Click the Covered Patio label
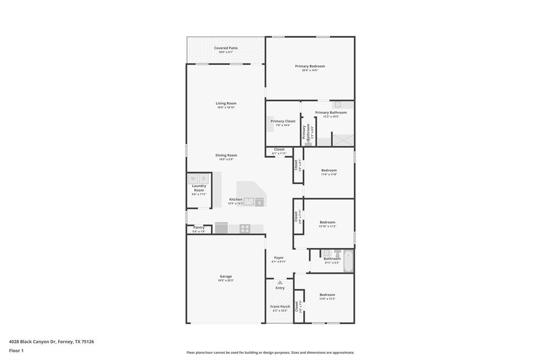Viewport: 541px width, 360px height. click(226, 48)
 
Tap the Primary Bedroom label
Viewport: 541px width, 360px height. click(310, 66)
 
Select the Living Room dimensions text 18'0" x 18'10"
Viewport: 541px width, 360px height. click(226, 108)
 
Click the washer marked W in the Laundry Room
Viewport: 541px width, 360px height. click(193, 179)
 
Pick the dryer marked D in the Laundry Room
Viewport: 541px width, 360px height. click(203, 179)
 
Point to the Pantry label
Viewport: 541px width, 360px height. click(199, 228)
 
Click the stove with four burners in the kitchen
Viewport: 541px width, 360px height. click(245, 229)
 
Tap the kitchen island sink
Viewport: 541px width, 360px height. click(248, 201)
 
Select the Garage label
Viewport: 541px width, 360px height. click(226, 276)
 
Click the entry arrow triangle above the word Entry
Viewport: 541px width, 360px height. click(280, 282)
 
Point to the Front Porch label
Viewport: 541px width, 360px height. click(280, 307)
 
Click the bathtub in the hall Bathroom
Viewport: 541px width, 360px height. click(348, 261)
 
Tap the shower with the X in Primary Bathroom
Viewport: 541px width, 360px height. click(343, 139)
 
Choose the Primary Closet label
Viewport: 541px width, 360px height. click(283, 121)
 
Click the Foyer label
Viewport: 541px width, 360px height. click(278, 258)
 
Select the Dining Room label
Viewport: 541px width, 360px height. click(226, 155)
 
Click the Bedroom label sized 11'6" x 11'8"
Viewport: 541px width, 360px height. click(329, 170)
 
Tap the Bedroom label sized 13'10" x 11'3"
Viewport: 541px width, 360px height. click(328, 222)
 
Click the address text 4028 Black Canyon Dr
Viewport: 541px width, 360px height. click(32, 342)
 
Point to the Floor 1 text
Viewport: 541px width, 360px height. click(16, 350)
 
